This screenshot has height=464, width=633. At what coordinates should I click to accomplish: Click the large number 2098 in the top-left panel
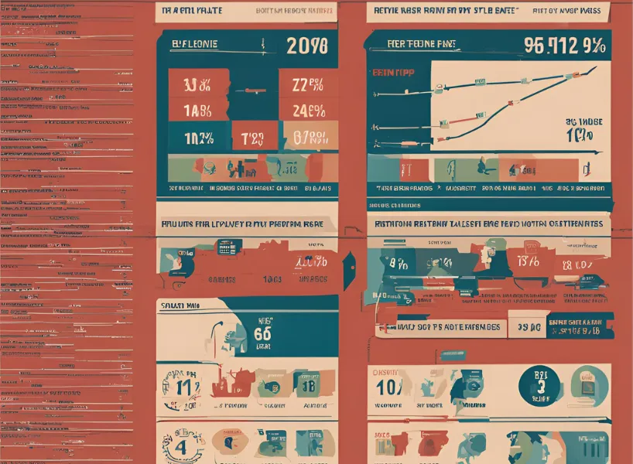tap(307, 46)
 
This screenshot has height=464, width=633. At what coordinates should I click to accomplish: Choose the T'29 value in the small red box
tap(252, 138)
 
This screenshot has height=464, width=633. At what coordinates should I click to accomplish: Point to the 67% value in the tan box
tap(310, 138)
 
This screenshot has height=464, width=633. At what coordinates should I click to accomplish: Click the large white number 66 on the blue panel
tap(262, 334)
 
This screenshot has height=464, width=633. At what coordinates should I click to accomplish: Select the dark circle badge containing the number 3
tap(541, 386)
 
